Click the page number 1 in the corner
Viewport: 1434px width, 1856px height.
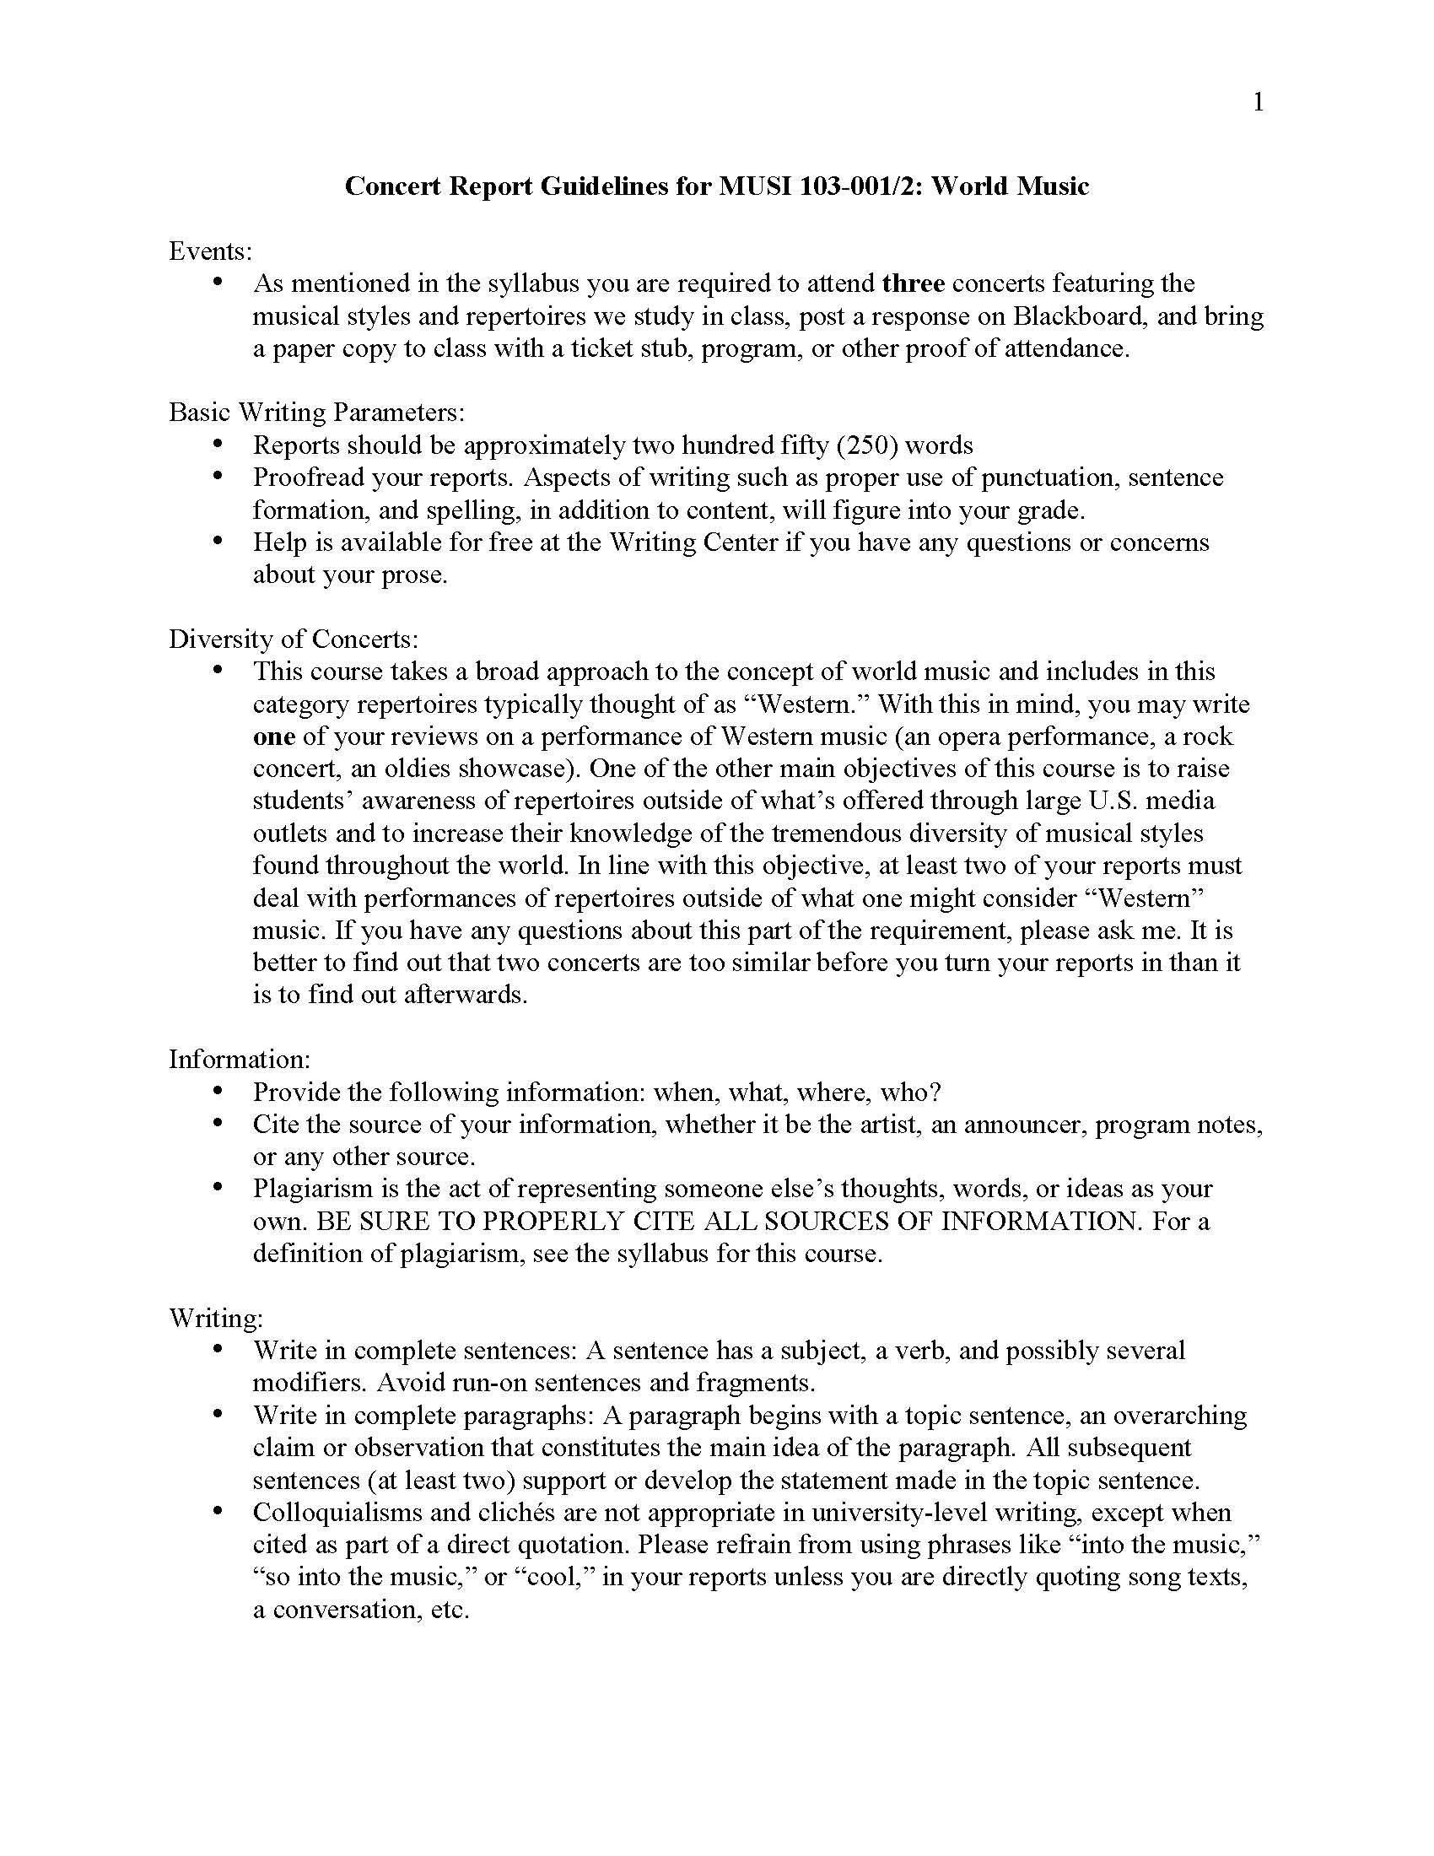coord(1259,103)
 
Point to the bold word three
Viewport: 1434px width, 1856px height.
coord(914,283)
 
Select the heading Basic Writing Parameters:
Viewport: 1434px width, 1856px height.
coord(317,413)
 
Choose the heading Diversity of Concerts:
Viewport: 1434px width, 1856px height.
coord(293,639)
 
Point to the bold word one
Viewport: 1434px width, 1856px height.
coord(273,736)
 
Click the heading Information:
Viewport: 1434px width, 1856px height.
coord(240,1060)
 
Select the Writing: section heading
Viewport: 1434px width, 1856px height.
coord(216,1318)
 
